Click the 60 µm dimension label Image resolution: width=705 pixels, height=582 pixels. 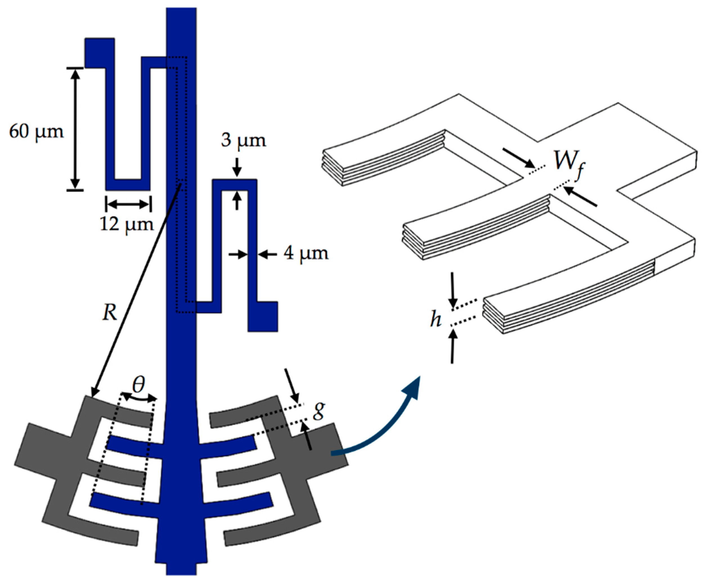[x=36, y=132]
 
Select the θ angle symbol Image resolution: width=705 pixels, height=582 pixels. [x=138, y=385]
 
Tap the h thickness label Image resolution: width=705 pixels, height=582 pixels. [x=435, y=320]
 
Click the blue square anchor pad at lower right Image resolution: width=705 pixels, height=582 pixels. [x=263, y=316]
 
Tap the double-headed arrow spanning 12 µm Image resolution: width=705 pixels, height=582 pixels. [x=128, y=204]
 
